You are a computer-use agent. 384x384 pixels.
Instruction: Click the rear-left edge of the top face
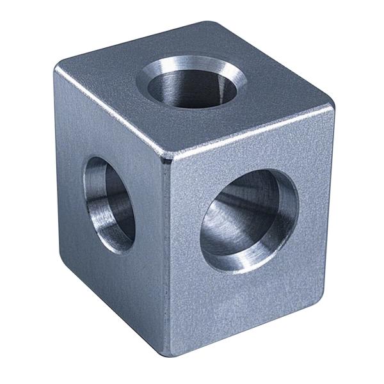(x=134, y=45)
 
